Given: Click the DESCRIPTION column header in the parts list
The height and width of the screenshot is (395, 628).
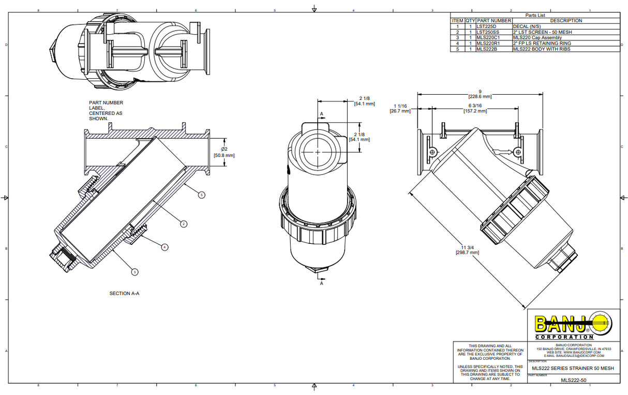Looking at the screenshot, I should (565, 21).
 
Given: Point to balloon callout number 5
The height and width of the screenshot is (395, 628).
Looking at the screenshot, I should (202, 195).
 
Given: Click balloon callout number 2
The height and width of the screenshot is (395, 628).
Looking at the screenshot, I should (183, 224).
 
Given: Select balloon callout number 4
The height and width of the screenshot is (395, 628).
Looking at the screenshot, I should (165, 247).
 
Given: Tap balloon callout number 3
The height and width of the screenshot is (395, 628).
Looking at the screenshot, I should (134, 271).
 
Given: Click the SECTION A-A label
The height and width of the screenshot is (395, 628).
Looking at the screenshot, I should (124, 294).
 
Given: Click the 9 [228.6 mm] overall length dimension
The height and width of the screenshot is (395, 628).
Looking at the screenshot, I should (480, 94).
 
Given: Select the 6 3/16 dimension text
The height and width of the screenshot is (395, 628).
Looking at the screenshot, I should (475, 108).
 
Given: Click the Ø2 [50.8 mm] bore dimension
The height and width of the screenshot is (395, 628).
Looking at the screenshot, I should (224, 152).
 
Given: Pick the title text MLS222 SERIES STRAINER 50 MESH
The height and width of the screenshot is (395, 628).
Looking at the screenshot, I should (573, 368).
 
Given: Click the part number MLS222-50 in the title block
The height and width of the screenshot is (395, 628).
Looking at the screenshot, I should (573, 381).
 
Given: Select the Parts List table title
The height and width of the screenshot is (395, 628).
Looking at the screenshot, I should (535, 16).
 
